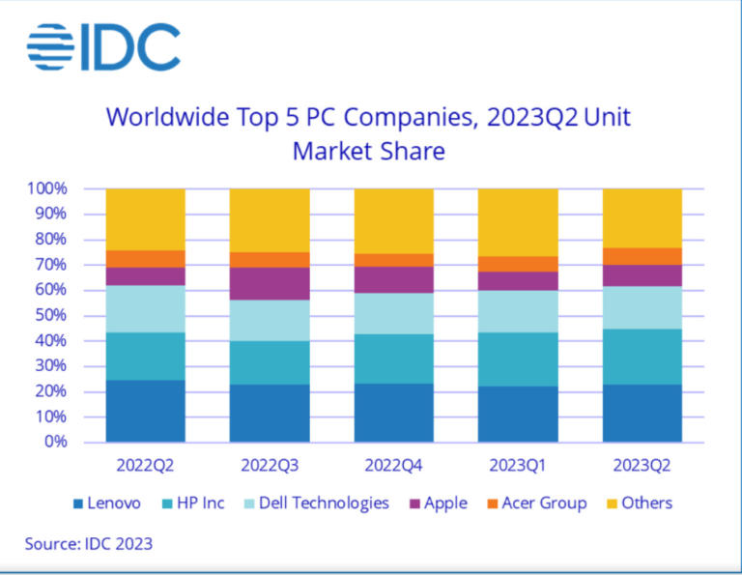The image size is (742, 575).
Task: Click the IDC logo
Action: click(x=103, y=46)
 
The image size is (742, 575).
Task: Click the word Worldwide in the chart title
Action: click(x=167, y=117)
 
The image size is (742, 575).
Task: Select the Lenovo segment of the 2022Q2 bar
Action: click(x=145, y=411)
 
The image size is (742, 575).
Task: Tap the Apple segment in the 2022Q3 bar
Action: click(x=270, y=283)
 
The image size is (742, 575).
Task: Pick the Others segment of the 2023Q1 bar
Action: click(x=518, y=222)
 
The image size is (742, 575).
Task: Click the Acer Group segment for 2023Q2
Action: click(x=642, y=256)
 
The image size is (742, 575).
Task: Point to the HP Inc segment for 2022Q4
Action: click(x=394, y=359)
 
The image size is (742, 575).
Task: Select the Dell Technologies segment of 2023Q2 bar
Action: click(x=642, y=307)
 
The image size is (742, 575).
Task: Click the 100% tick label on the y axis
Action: click(x=47, y=188)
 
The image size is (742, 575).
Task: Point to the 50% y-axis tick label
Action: click(x=50, y=315)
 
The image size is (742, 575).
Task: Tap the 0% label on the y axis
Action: click(x=56, y=442)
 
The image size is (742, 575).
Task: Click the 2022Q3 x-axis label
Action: click(x=270, y=466)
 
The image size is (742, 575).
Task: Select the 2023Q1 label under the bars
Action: click(x=517, y=466)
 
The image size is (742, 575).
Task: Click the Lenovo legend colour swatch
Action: click(x=78, y=504)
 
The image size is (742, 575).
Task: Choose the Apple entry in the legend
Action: click(x=439, y=503)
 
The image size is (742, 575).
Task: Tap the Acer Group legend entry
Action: click(x=537, y=503)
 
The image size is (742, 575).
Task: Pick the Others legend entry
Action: click(x=640, y=503)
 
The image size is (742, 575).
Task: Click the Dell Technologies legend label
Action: click(x=325, y=503)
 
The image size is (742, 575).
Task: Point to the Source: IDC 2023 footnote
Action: click(x=89, y=544)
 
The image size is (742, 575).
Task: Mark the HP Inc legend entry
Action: click(x=193, y=503)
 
